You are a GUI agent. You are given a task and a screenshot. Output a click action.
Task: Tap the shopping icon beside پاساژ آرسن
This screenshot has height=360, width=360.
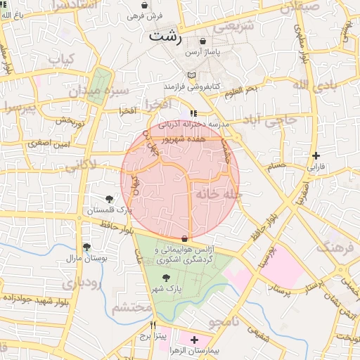(x=203, y=41)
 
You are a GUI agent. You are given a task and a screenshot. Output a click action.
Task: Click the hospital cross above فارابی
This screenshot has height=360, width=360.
(x=316, y=155)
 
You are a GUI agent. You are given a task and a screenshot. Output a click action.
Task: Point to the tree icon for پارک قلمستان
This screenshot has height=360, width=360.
(x=109, y=199)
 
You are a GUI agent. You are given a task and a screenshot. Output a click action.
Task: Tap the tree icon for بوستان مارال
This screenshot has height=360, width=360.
(x=86, y=247)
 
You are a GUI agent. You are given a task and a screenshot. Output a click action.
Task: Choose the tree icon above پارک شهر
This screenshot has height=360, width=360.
(x=166, y=278)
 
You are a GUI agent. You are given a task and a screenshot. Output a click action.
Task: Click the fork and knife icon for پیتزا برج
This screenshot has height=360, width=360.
(x=153, y=326)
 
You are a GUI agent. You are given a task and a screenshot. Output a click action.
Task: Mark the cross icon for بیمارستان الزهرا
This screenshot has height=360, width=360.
(x=195, y=340)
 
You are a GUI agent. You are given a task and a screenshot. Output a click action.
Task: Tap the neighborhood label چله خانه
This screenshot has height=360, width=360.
(x=219, y=193)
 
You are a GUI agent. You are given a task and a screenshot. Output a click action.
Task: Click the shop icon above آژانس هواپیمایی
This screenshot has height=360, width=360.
(x=184, y=239)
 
